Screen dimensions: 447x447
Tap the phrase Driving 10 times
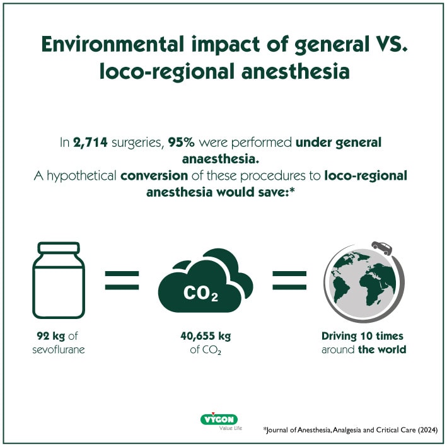point(363,335)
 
